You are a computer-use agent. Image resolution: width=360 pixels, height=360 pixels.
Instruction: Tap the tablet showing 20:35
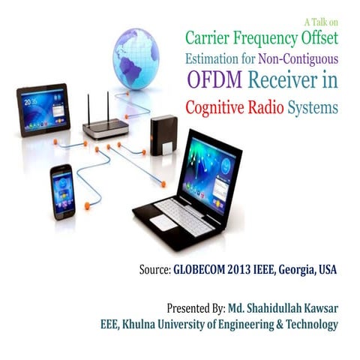(x=43, y=109)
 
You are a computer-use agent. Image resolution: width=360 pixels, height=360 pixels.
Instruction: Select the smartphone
(x=61, y=189)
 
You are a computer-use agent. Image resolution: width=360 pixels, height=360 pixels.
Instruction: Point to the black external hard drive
(x=163, y=136)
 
